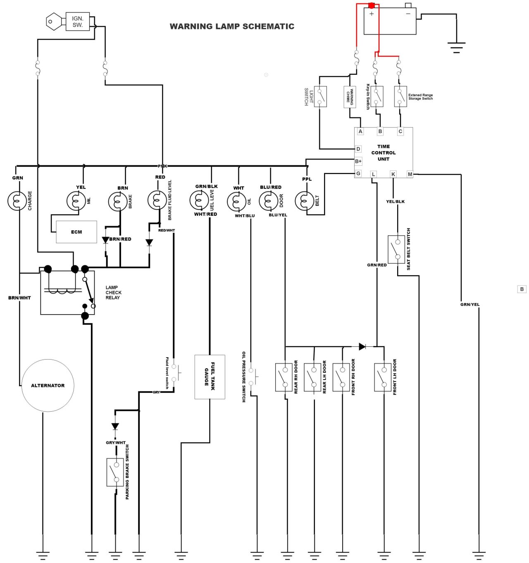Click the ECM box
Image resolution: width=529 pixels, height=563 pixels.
pos(76,232)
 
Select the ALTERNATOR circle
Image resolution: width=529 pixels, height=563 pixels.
pos(48,385)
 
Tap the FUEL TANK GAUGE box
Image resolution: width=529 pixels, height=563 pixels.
pos(210,377)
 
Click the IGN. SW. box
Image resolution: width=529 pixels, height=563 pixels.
pos(78,21)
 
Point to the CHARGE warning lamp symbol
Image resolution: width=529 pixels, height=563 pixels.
pos(17,201)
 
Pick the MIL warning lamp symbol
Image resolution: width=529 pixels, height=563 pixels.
pos(76,201)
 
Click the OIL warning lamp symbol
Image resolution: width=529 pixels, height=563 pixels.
pos(236,202)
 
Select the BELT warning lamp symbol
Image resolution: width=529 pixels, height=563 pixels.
pos(304,201)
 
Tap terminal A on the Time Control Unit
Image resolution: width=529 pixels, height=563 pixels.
pos(360,131)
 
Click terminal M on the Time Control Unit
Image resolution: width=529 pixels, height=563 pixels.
pos(410,174)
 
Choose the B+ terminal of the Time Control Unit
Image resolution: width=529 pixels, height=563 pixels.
pos(358,161)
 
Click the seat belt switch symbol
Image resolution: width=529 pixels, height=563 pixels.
pos(396,249)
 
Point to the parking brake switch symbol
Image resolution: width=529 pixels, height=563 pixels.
pos(114,472)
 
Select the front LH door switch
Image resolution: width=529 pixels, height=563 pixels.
pos(383,377)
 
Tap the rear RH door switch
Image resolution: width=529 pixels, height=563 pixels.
pos(284,377)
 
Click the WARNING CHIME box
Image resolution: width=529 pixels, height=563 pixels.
pos(350,97)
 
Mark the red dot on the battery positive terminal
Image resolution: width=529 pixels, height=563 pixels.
pos(371,5)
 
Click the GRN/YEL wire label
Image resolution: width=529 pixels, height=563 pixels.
pos(470,305)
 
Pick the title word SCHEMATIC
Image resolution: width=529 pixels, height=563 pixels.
pos(268,26)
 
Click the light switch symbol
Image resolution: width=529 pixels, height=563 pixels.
pos(320,96)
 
